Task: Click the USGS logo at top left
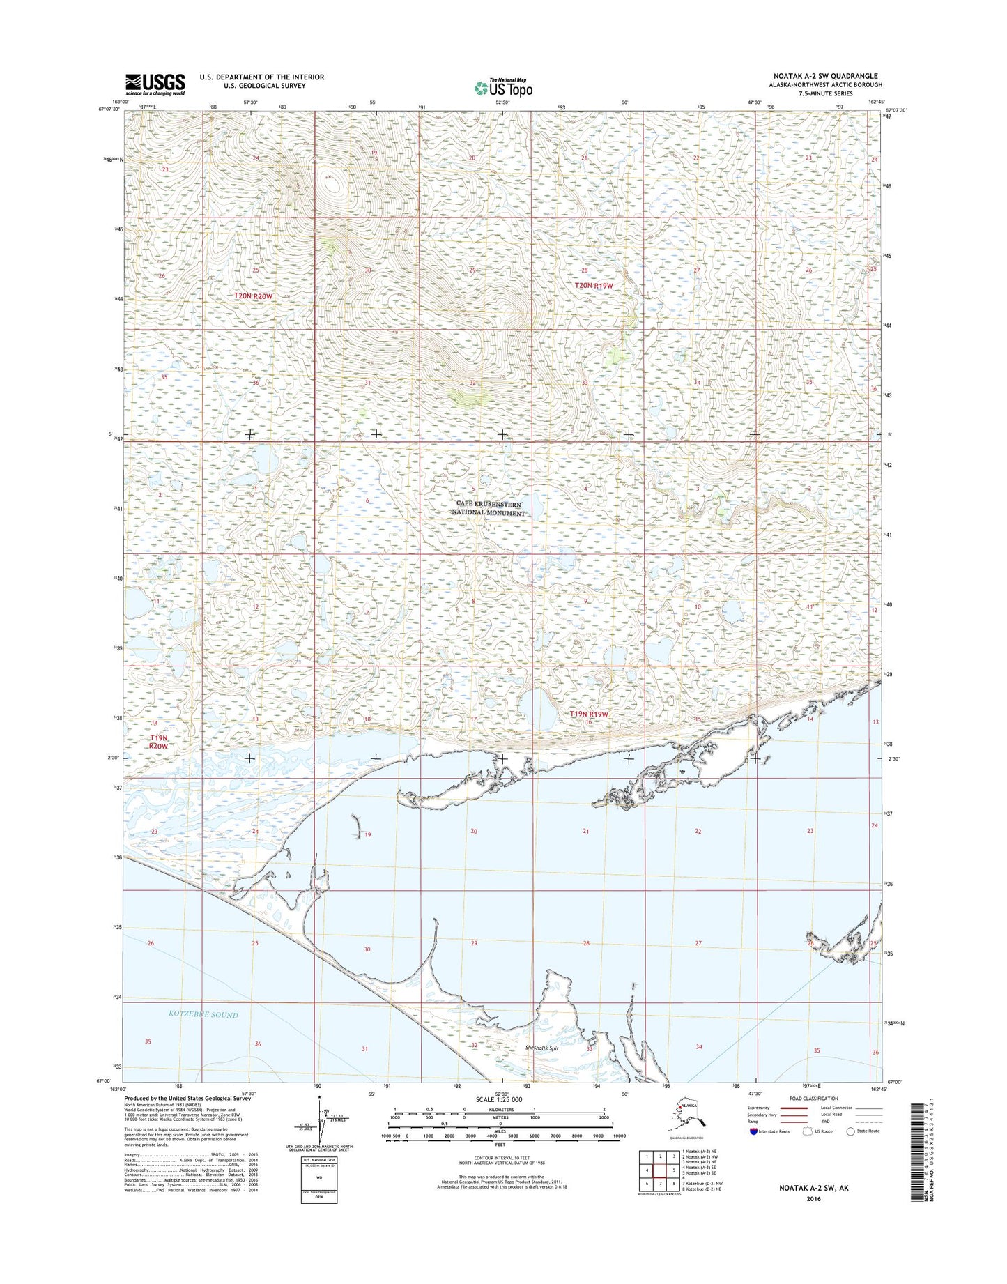tap(155, 84)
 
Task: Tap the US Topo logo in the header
tap(503, 88)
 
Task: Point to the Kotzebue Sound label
tap(203, 1015)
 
